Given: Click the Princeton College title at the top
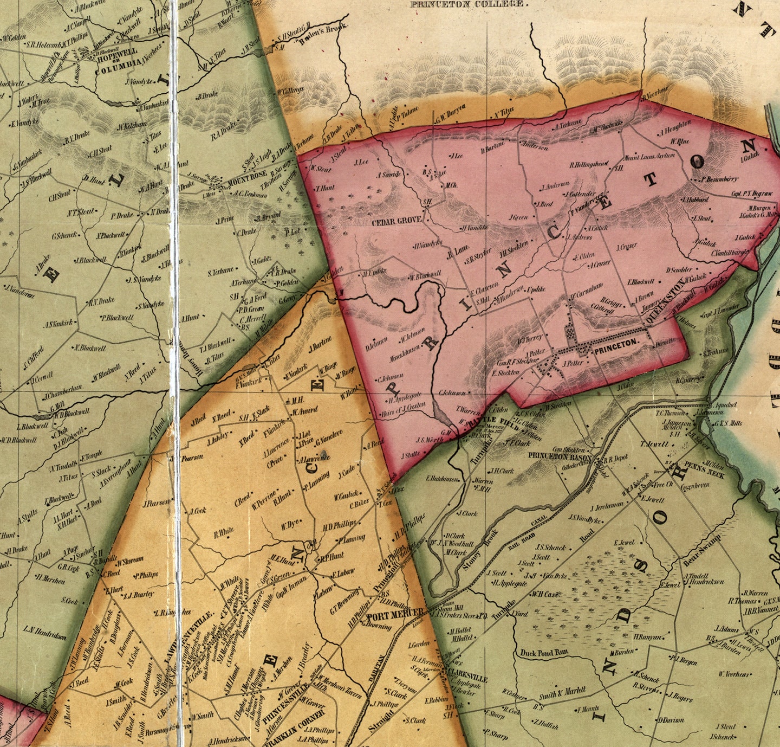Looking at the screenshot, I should click(x=467, y=4).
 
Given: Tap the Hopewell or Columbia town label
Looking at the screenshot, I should click(x=116, y=62).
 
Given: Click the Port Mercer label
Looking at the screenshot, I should click(x=395, y=613).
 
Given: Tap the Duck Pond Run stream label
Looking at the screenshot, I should click(x=544, y=653).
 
